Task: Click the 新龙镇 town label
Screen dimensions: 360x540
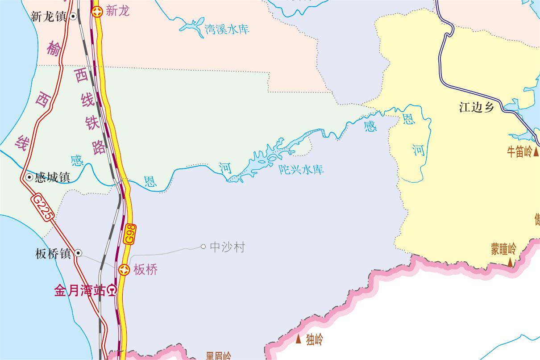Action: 48,17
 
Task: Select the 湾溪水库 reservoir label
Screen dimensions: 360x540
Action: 227,29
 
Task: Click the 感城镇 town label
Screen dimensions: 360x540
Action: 53,177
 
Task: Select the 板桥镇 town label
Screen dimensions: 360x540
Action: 53,254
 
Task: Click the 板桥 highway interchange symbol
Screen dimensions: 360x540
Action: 124,269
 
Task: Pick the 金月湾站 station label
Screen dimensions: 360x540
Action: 79,291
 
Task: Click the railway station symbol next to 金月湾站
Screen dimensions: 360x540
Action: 112,291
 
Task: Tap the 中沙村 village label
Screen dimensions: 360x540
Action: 228,247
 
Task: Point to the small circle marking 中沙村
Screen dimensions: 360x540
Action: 204,246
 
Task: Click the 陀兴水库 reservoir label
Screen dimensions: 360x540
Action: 301,170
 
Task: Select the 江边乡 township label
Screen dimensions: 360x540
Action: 477,107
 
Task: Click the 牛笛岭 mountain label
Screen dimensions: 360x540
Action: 519,152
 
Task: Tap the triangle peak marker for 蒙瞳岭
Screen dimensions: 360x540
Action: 510,264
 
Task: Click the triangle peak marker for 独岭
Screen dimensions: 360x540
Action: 299,339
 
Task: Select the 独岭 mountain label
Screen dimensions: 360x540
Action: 314,339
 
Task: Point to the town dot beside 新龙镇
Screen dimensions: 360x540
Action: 74,17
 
